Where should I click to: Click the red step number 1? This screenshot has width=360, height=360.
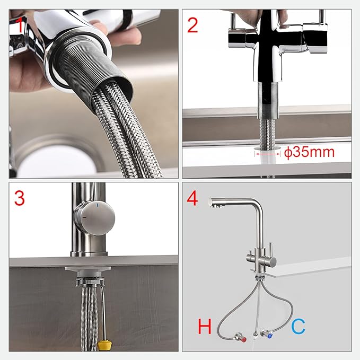click(20, 25)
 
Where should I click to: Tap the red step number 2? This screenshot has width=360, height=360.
click(192, 25)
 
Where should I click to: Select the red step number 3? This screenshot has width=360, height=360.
click(19, 198)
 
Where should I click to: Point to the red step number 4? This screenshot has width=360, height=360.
click(192, 198)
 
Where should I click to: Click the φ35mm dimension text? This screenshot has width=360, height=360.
click(309, 152)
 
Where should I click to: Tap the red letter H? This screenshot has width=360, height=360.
click(205, 326)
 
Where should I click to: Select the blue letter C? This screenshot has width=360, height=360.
click(298, 326)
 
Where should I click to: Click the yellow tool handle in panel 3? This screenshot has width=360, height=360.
click(103, 345)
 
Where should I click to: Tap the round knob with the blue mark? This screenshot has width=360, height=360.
click(94, 218)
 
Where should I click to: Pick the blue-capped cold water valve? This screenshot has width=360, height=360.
click(267, 333)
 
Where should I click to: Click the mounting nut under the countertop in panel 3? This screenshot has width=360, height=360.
click(90, 282)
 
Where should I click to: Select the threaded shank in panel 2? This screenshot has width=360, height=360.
click(268, 101)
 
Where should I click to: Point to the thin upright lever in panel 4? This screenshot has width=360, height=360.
click(270, 250)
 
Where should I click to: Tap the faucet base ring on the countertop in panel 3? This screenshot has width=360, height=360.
click(89, 254)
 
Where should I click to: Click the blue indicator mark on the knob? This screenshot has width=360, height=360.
click(98, 205)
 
